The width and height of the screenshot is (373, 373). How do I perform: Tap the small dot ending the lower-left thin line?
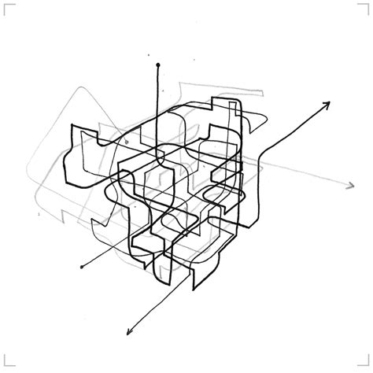(x=82, y=268)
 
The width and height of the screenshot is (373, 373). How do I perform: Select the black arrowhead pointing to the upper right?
(x=326, y=105)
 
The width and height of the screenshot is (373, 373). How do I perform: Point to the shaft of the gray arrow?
(x=307, y=175)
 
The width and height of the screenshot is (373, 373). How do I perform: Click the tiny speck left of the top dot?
(x=146, y=56)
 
